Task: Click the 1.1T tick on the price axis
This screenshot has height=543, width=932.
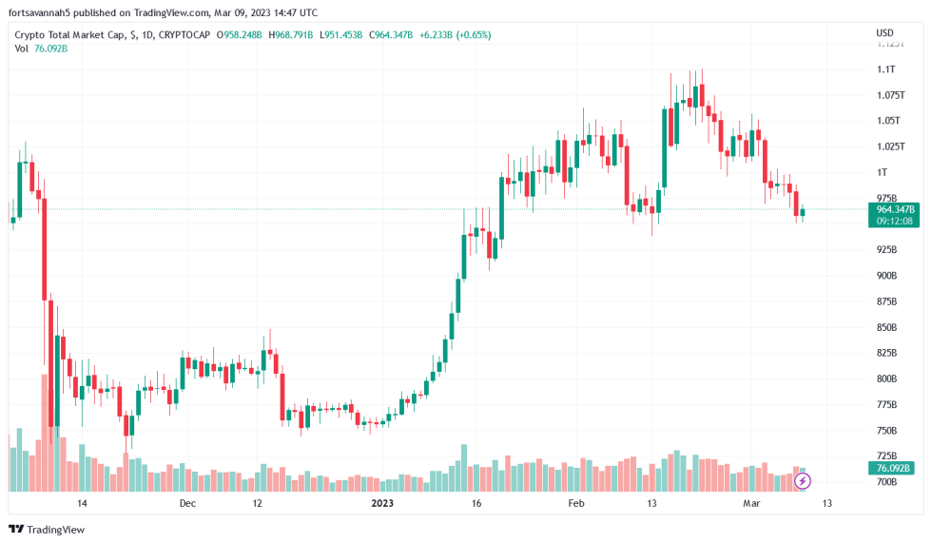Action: tap(886, 69)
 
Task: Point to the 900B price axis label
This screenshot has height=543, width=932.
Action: tap(886, 276)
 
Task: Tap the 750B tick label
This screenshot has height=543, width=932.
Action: tap(886, 431)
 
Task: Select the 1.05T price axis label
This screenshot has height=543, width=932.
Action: tap(888, 121)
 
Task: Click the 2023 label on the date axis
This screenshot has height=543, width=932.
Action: tap(382, 503)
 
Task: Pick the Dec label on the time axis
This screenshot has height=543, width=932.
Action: tap(186, 503)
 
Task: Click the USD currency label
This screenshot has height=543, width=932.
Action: tap(884, 34)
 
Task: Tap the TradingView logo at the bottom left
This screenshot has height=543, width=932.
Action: tap(47, 529)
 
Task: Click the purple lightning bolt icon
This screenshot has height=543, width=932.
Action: tap(803, 481)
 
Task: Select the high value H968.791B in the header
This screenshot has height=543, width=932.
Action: tap(299, 35)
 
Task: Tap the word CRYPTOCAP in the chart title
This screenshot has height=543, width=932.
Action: tap(184, 35)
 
